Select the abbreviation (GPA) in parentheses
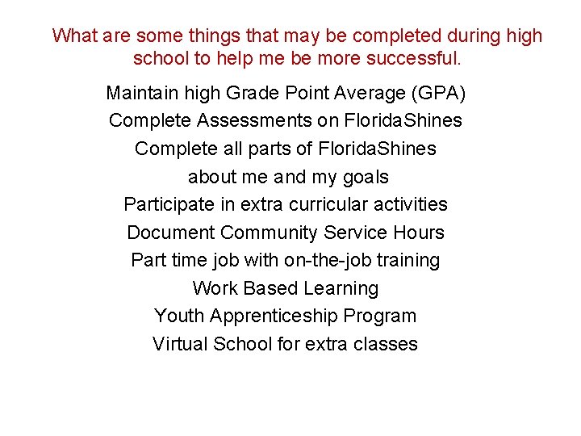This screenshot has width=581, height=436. tap(438, 94)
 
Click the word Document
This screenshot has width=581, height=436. tap(170, 233)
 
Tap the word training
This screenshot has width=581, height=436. tap(407, 261)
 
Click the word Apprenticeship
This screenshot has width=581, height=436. tap(272, 317)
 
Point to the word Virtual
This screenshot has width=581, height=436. tap(180, 344)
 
